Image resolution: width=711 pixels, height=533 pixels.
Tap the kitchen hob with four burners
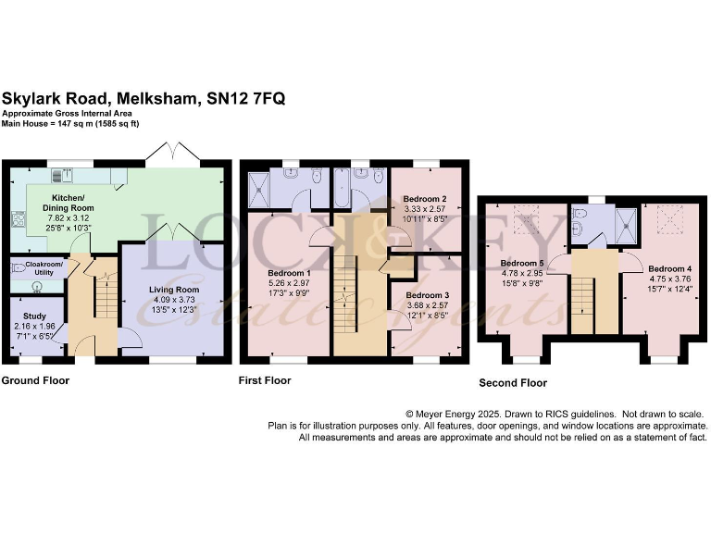[16, 219]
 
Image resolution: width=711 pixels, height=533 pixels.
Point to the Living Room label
[174, 289]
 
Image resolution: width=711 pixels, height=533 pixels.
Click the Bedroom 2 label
[425, 199]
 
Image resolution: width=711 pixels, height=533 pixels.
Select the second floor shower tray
[627, 222]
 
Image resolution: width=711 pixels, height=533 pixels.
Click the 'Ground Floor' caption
[35, 380]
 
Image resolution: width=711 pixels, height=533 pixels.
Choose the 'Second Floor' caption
[513, 383]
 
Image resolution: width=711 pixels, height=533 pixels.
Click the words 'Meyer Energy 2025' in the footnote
[464, 414]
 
